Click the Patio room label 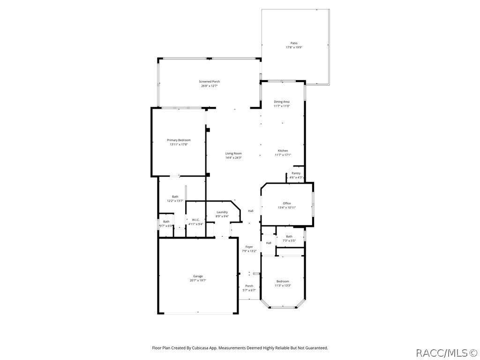coord(294,43)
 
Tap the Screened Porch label coord(209,82)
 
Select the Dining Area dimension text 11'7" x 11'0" coord(282,106)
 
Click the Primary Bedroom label coord(179,140)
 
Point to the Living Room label coord(233,153)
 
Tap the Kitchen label coord(283,150)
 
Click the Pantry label coord(296,173)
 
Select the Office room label coord(286,203)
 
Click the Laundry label coord(222,212)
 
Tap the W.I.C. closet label coord(195,220)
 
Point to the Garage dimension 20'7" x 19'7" coord(198,280)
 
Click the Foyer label coord(249,247)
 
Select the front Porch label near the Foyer coord(249,286)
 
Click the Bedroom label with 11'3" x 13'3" coord(283,281)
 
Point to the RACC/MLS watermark coord(446,352)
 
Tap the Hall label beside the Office coord(251,211)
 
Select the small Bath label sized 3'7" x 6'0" coord(166,222)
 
